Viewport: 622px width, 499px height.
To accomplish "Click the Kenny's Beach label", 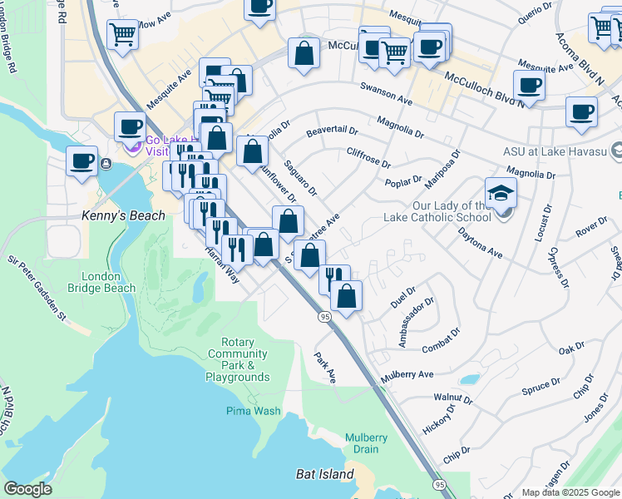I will click(x=116, y=215).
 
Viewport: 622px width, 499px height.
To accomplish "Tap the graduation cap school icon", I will click(x=501, y=194).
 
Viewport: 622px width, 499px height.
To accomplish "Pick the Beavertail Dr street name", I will click(x=331, y=131).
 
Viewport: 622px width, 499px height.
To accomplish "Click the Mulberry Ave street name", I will click(x=407, y=375).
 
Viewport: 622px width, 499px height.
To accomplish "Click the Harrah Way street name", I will click(x=223, y=266).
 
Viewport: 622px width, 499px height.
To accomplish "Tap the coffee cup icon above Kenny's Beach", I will click(x=81, y=161).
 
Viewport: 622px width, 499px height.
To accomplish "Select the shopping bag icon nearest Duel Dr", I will click(x=347, y=294).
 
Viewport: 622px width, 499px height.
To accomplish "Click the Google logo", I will click(x=28, y=489).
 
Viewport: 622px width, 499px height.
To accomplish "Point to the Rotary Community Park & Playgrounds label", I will click(x=238, y=359).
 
